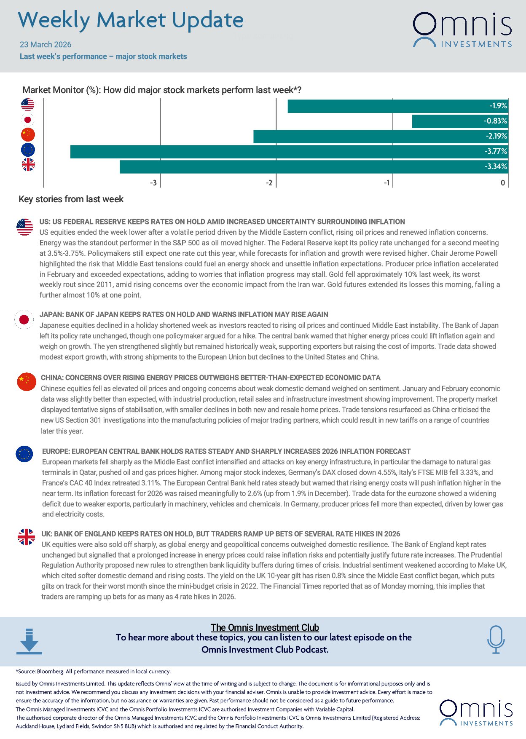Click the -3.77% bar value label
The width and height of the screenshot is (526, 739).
pyautogui.click(x=496, y=151)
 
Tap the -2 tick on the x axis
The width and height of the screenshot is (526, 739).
pyautogui.click(x=269, y=183)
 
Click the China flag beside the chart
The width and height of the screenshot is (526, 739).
pyautogui.click(x=28, y=135)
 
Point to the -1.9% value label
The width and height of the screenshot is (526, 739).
pyautogui.click(x=498, y=106)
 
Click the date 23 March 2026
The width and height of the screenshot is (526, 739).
pyautogui.click(x=46, y=45)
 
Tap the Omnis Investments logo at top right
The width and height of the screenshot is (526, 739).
pyautogui.click(x=462, y=29)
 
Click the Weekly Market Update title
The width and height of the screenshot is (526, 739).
pyautogui.click(x=131, y=20)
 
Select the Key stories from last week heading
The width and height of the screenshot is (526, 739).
pyautogui.click(x=71, y=199)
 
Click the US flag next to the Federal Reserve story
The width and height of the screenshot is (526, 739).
pyautogui.click(x=24, y=227)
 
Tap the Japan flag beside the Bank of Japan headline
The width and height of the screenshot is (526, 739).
pyautogui.click(x=24, y=320)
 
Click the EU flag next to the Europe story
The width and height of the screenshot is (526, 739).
pyautogui.click(x=24, y=454)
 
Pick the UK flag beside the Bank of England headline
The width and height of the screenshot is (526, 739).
pyautogui.click(x=26, y=537)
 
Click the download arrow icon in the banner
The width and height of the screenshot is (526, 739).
pyautogui.click(x=29, y=641)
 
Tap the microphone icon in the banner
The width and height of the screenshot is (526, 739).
pyautogui.click(x=496, y=639)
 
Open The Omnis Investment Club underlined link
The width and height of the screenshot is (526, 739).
pyautogui.click(x=265, y=627)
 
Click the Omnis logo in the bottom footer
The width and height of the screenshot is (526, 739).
pyautogui.click(x=476, y=712)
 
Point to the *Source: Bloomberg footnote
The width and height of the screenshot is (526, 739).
pyautogui.click(x=93, y=672)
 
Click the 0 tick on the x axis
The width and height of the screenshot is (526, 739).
pyautogui.click(x=502, y=183)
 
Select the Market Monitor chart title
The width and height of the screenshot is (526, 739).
pyautogui.click(x=161, y=90)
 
